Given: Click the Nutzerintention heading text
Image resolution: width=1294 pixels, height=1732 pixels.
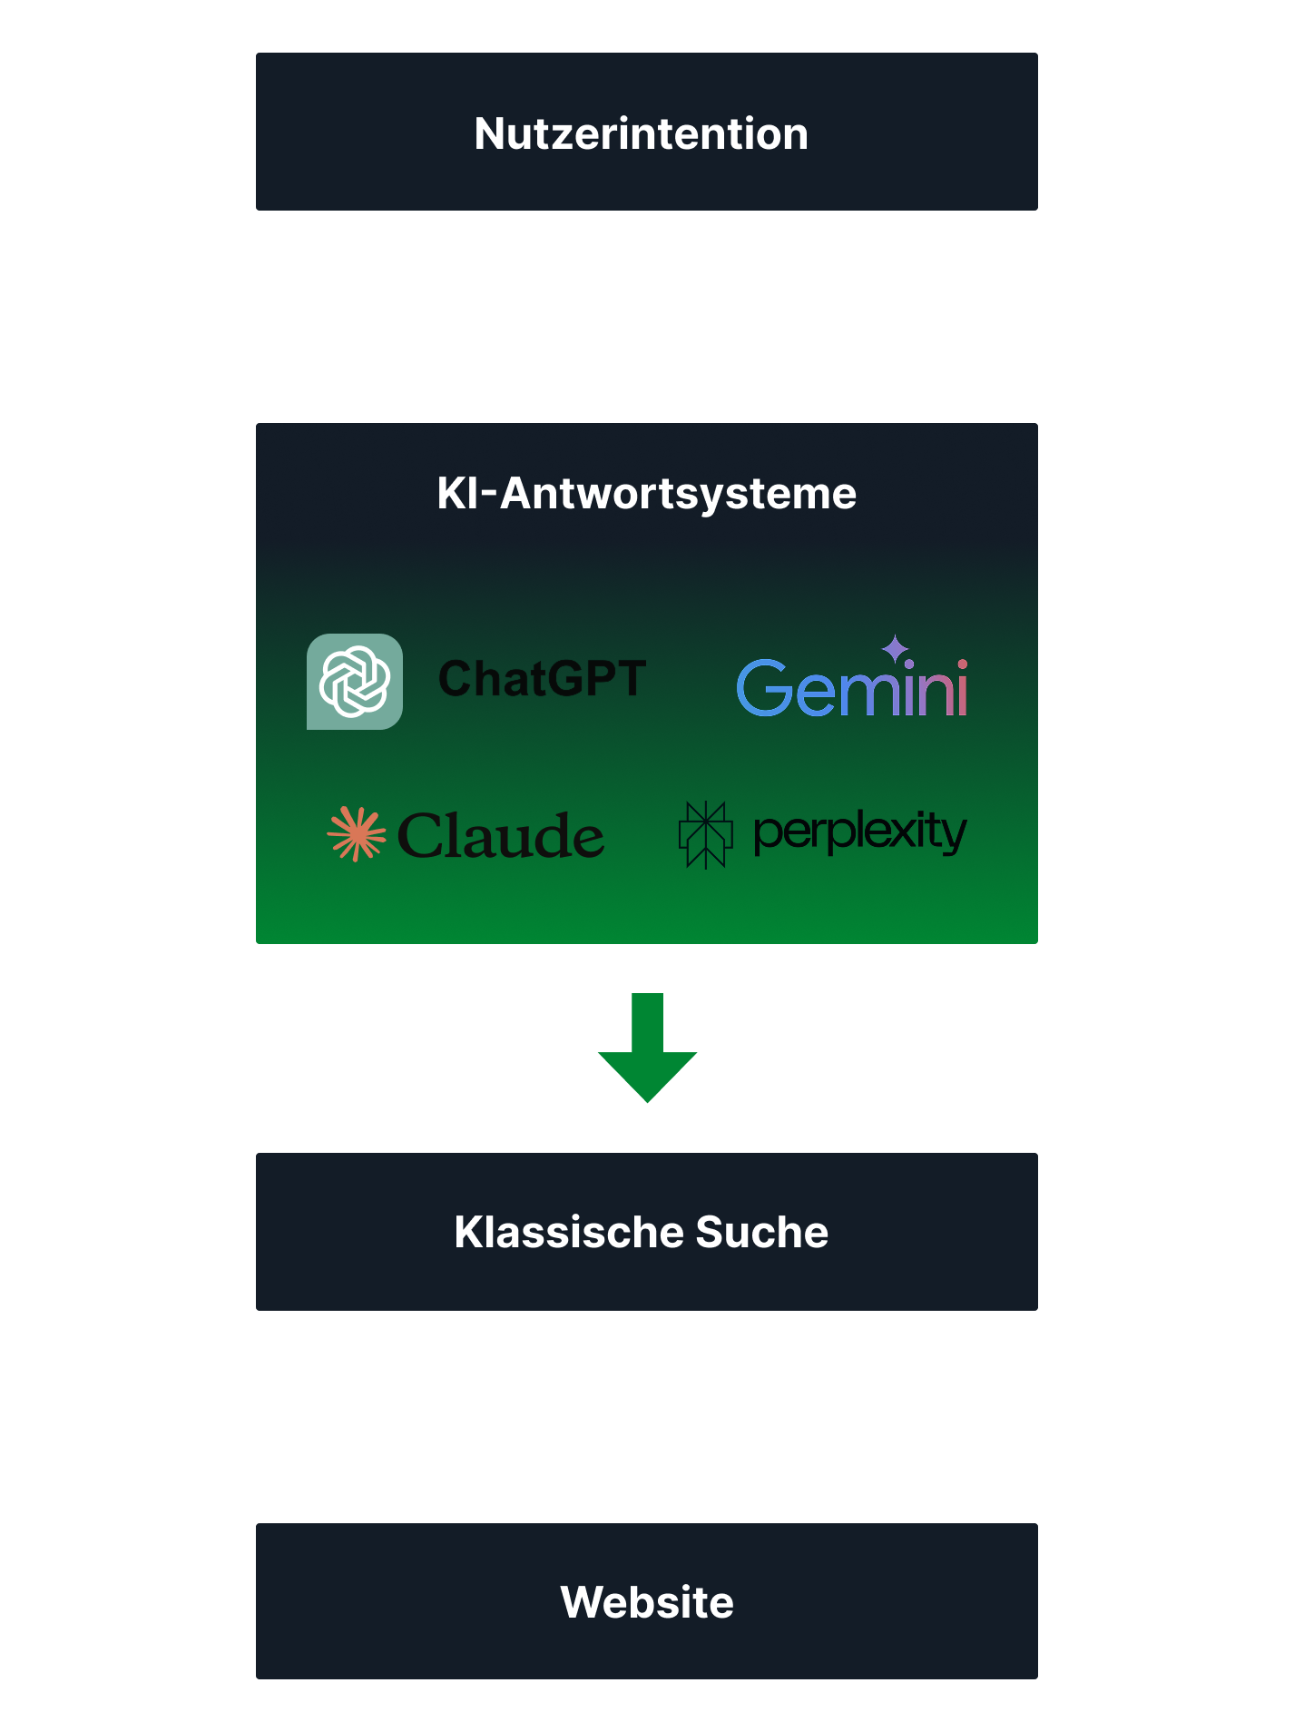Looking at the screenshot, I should tap(641, 133).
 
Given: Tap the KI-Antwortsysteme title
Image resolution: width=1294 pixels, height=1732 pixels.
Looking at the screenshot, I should tap(646, 494).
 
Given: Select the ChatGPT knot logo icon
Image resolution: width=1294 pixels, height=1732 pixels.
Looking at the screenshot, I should tap(355, 682).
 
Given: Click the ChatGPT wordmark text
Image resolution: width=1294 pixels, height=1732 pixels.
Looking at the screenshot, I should tap(542, 679).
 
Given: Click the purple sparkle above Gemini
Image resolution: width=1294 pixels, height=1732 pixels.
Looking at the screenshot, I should tap(895, 648).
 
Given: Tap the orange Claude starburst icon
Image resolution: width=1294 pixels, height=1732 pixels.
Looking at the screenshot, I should tap(356, 833).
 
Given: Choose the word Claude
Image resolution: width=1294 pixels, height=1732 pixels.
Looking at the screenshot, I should tap(501, 836).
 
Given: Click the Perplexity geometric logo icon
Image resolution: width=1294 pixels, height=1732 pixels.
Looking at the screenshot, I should tap(705, 834).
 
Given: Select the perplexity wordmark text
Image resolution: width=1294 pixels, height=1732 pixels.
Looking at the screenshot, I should tap(859, 832).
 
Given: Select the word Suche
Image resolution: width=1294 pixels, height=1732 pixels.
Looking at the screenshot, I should tap(761, 1233).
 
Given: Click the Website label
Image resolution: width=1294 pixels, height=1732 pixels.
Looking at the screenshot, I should tap(646, 1602).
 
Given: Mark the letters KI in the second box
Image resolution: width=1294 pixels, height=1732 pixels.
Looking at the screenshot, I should tap(457, 494).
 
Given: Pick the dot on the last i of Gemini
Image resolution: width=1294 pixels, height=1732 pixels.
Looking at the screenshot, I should tap(962, 664).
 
